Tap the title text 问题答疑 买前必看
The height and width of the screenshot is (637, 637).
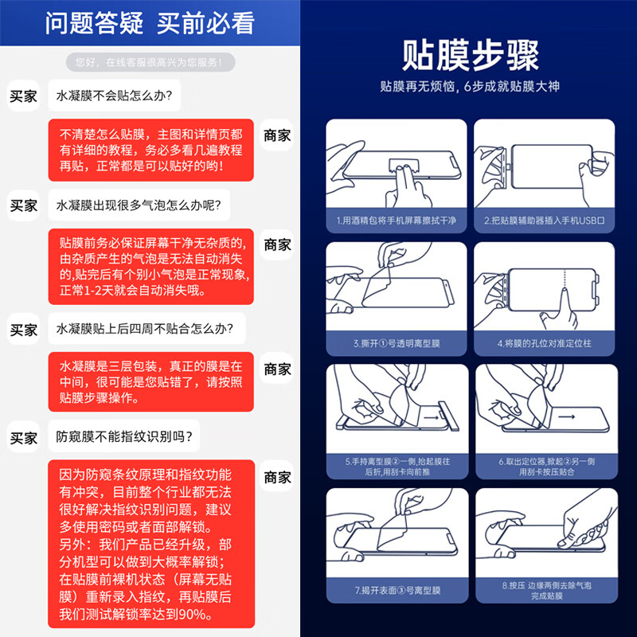pyautogui.click(x=150, y=23)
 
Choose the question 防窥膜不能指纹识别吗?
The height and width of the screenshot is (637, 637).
pyautogui.click(x=127, y=437)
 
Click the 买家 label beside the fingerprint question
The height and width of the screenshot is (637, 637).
pyautogui.click(x=24, y=438)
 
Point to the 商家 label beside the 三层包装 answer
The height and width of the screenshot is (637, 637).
pyautogui.click(x=277, y=369)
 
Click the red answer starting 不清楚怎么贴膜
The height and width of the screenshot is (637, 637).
pyautogui.click(x=150, y=150)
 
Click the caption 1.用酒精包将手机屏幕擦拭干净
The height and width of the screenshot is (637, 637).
pyautogui.click(x=395, y=221)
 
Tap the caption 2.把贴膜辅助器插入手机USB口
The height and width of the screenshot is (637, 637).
pyautogui.click(x=544, y=221)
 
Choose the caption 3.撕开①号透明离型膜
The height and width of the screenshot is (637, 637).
pyautogui.click(x=395, y=343)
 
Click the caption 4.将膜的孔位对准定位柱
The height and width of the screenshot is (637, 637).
pyautogui.click(x=544, y=343)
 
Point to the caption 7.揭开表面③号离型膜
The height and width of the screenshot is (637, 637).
pyautogui.click(x=395, y=590)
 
